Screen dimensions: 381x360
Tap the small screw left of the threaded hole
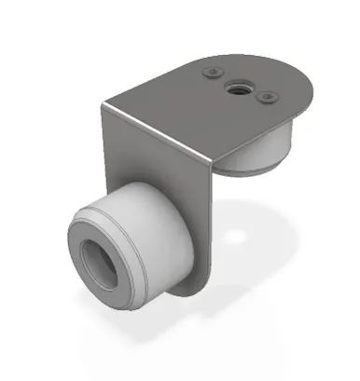[x=215, y=73]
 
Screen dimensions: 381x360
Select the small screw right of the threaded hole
[x=266, y=96]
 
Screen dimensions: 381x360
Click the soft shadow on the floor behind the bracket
[x=270, y=233]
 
